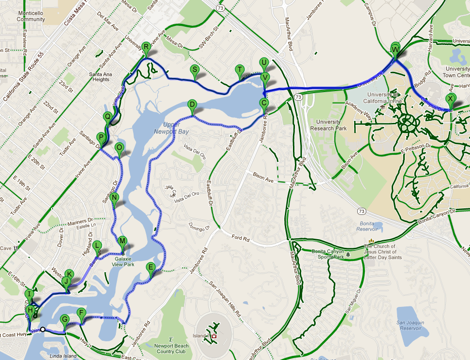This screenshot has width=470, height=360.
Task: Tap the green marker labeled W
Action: (395, 49)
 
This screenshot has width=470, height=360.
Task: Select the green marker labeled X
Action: (450, 99)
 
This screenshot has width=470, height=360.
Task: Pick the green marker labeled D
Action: (192, 106)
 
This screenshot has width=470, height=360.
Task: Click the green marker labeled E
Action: (150, 267)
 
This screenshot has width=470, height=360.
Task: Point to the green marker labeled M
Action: (122, 242)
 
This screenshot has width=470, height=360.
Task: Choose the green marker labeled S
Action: (194, 70)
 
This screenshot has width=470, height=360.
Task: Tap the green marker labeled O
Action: (119, 148)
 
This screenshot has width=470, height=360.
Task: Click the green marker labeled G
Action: (64, 320)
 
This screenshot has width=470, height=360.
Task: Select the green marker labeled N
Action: (115, 198)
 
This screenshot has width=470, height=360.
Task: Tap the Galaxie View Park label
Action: (124, 261)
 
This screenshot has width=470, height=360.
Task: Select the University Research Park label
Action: (328, 124)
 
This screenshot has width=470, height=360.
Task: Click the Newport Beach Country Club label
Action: (170, 349)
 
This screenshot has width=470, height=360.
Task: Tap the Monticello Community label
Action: (30, 16)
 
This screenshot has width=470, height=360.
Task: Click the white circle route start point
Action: (43, 330)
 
